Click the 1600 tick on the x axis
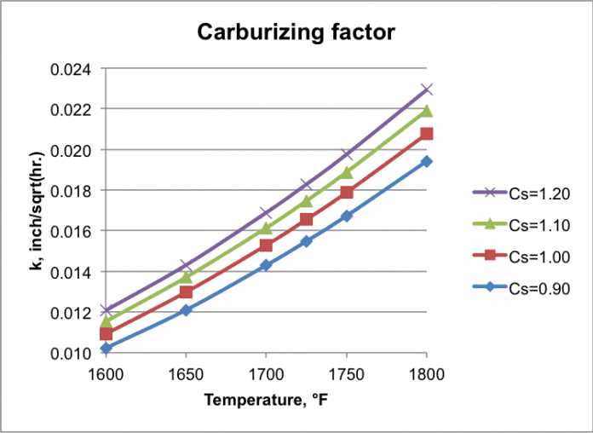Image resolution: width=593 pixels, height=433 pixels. pyautogui.click(x=106, y=372)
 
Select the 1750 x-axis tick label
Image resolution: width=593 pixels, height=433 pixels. pyautogui.click(x=346, y=372)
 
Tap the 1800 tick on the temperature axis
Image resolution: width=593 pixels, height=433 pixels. pyautogui.click(x=426, y=372)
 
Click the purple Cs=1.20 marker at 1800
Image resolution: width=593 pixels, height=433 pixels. pyautogui.click(x=427, y=89)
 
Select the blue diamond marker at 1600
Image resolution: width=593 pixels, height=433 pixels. pyautogui.click(x=106, y=348)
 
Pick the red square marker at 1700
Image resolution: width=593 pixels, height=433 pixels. pyautogui.click(x=266, y=245)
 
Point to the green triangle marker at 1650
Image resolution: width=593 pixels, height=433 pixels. pyautogui.click(x=186, y=277)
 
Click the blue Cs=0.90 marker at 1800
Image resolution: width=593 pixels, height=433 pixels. pyautogui.click(x=427, y=161)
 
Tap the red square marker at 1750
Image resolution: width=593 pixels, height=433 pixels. pyautogui.click(x=346, y=193)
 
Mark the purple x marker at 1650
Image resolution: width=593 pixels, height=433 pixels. pyautogui.click(x=186, y=265)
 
